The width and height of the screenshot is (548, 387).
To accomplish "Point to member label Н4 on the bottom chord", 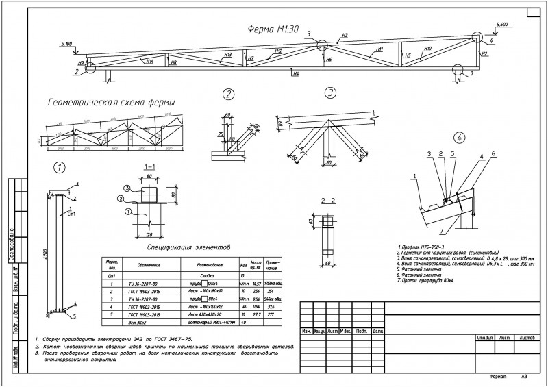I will pos(295,73).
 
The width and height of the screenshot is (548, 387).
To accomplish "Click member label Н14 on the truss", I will pos(149,61).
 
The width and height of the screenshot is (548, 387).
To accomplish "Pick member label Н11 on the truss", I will pos(379,49).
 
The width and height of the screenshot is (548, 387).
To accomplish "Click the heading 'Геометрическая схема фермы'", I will pos(110,101).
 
